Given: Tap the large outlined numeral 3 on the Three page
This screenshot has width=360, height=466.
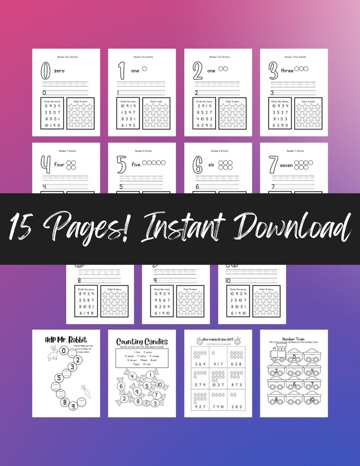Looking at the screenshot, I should coord(273,70).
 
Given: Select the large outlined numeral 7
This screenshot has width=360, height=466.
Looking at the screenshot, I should coord(273,165).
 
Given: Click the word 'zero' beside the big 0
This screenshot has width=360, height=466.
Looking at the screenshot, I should coord(59,71).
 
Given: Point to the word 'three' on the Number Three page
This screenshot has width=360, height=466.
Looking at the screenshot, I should coord(287,71).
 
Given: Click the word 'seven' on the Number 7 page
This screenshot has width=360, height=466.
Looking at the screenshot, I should coord(287,165).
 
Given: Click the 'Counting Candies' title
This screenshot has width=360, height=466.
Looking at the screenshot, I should coord(142,341).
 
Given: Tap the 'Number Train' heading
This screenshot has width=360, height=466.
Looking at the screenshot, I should coord(294,338).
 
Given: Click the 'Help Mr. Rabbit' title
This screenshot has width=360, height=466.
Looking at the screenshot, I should coord(66,339).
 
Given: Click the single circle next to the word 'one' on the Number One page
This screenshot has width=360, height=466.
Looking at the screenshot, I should coord(145,69).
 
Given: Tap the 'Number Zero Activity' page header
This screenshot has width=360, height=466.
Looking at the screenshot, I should coord(66,57).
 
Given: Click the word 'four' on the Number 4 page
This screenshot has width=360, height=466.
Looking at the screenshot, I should coord(59,165).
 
